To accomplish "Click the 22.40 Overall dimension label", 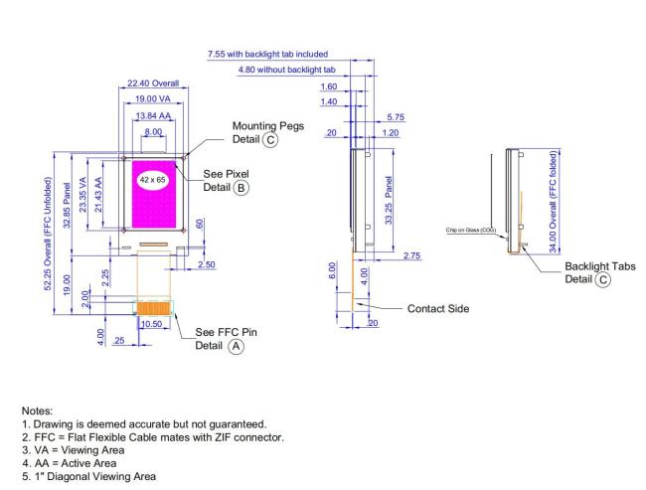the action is (153, 83).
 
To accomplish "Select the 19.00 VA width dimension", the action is (152, 99).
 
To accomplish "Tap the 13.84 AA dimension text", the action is (153, 116).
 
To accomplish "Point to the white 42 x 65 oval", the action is (152, 180).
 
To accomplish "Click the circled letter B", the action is (242, 188).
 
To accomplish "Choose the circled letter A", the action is (237, 346).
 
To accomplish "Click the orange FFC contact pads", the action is (154, 308).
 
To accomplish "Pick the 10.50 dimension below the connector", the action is (151, 324).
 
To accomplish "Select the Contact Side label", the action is (438, 309).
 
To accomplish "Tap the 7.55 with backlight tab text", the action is (267, 54).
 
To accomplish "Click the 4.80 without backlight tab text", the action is (287, 70).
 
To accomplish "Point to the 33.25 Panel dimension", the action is (389, 201).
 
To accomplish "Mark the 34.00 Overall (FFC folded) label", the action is (553, 202).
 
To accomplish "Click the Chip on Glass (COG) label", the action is (470, 230).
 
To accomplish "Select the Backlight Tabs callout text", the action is (600, 272).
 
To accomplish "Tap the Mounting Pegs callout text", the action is (268, 132).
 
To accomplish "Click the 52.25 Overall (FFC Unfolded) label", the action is (49, 234).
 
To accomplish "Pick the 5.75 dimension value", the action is (396, 117).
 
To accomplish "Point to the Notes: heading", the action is (37, 410).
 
